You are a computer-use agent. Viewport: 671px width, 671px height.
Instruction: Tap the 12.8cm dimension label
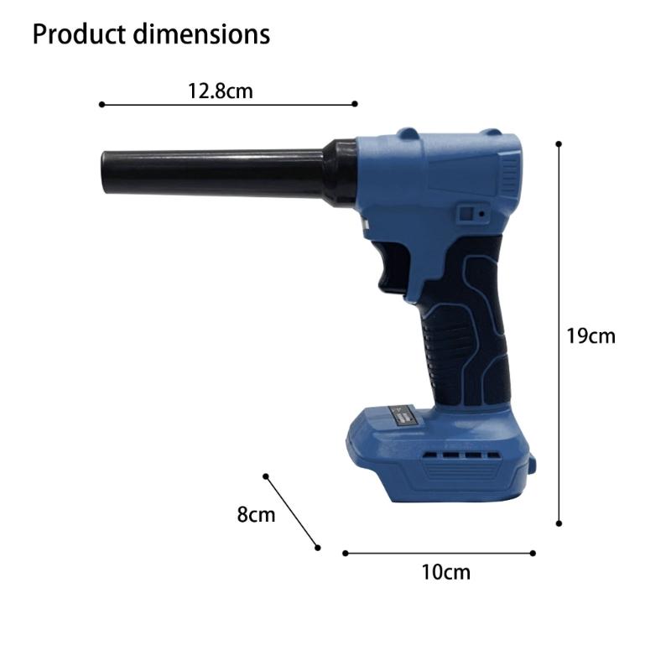pos(220,91)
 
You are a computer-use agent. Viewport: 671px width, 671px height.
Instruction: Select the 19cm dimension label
pos(590,335)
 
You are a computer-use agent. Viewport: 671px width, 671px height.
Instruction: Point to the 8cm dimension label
pos(256,514)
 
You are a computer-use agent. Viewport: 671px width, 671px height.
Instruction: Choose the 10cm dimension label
pos(445,573)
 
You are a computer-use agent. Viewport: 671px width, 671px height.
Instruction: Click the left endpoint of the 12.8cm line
pos(101,105)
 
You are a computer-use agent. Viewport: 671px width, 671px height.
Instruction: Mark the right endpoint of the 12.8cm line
pos(355,104)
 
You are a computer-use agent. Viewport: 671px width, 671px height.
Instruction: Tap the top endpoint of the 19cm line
pos(559,143)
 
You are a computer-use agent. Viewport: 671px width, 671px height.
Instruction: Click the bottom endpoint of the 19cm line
pos(559,524)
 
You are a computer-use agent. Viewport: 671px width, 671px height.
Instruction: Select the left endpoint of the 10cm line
pos(345,553)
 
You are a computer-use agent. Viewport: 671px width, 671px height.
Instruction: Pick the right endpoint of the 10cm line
pos(533,553)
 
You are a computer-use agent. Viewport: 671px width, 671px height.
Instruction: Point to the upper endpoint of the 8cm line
pos(266,476)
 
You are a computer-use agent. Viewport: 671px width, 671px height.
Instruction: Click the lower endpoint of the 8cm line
pos(318,548)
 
